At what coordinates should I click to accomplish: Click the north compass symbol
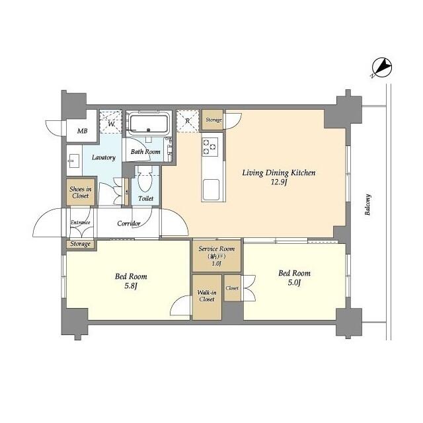[383, 67]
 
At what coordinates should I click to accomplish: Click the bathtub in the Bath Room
[149, 124]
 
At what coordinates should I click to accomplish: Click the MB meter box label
[82, 131]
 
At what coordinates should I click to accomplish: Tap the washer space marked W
[110, 123]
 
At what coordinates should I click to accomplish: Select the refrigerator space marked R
[188, 120]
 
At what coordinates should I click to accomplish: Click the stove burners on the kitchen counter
[210, 147]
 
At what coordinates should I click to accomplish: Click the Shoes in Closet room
[80, 192]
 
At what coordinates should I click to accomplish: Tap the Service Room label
[217, 249]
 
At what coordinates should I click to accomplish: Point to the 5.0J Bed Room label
[294, 278]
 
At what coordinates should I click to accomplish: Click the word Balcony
[368, 205]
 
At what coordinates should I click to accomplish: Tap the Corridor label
[128, 223]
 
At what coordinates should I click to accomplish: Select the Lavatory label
[104, 157]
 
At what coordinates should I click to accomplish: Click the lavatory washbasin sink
[73, 159]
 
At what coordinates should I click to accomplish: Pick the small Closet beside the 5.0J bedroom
[232, 289]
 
